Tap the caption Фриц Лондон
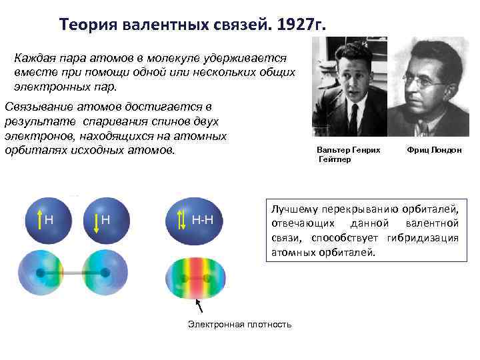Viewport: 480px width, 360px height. click(x=433, y=151)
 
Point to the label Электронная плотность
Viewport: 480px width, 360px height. click(x=239, y=324)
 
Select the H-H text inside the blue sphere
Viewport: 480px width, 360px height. click(x=207, y=219)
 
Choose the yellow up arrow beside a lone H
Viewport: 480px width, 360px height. click(x=39, y=219)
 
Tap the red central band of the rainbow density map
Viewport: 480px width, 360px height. click(x=197, y=277)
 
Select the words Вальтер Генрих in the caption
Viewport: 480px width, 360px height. click(x=349, y=151)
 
